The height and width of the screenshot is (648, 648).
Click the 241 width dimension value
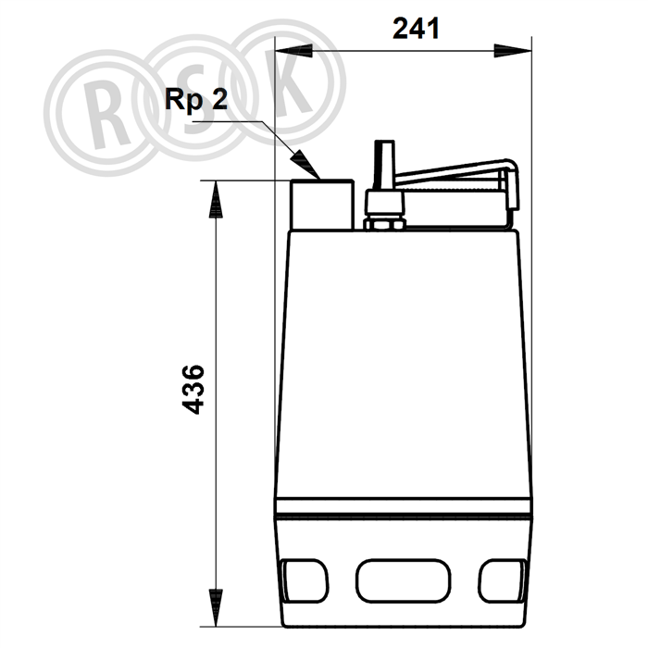point(416,29)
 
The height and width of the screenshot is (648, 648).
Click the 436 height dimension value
point(193,390)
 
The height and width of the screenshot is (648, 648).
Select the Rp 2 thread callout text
point(196,99)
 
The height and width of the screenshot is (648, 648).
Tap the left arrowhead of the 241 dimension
point(293,51)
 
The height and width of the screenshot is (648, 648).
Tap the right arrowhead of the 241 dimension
point(513,51)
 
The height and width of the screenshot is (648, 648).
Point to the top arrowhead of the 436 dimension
point(216,199)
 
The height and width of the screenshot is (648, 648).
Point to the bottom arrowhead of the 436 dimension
point(216,607)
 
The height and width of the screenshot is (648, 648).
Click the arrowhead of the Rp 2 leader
point(305,165)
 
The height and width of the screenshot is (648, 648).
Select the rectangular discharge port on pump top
point(322,205)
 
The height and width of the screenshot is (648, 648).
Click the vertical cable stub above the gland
point(384,166)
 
